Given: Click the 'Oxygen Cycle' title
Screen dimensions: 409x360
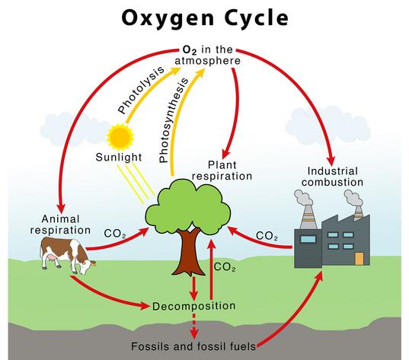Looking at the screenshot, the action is tap(205, 18).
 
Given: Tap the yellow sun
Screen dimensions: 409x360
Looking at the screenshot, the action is tap(120, 136).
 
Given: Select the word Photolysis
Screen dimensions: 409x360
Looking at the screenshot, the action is tap(142, 90).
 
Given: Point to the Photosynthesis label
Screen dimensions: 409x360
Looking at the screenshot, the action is tap(173, 120).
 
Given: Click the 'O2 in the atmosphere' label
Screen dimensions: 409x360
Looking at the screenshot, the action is tap(208, 56).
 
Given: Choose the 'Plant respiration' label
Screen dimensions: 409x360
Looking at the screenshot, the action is tap(222, 170).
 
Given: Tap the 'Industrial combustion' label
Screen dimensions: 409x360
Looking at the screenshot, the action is tap(333, 177).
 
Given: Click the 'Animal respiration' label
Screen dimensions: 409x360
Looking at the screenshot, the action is tap(60, 225).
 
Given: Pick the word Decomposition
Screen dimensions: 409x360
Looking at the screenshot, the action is tap(193, 306).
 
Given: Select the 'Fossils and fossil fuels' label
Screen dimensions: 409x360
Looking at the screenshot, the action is tap(193, 346).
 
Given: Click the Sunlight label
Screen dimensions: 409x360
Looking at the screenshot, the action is tap(119, 158).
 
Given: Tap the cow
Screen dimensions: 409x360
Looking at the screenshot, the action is tap(67, 256).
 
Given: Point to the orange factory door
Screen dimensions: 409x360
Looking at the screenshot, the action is tap(359, 259).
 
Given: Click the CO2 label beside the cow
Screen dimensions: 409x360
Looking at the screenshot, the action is tap(115, 234).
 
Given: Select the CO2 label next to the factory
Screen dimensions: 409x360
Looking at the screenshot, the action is tap(267, 236).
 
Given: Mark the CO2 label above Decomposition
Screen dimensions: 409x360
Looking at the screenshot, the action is tap(225, 267).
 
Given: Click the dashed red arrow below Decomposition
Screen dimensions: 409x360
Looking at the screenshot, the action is tap(194, 327).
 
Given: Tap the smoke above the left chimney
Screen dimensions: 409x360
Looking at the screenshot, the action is tap(303, 198).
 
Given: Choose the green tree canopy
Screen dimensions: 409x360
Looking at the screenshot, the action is tap(188, 206).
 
